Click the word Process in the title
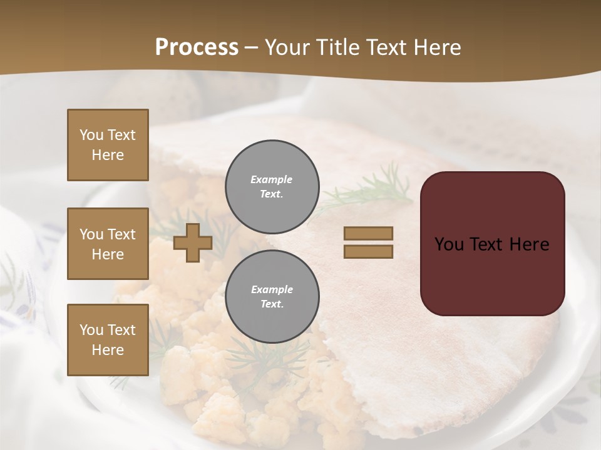pos(197,47)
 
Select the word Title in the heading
pos(336,47)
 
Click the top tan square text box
pos(108,145)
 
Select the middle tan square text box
pos(108,244)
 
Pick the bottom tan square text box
pos(108,340)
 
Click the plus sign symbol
pos(193,243)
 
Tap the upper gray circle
pos(272,187)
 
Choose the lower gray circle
pos(272,297)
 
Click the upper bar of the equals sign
pos(368,233)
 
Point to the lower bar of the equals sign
pos(368,252)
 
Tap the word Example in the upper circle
pos(272,179)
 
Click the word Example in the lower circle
pos(272,289)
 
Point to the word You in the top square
pos(91,135)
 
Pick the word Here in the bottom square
pos(108,350)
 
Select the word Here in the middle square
pos(108,254)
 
